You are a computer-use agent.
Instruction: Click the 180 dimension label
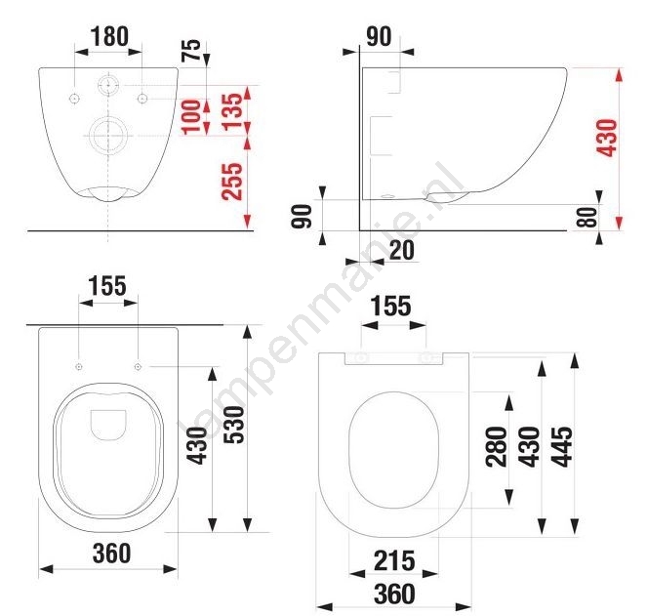109,36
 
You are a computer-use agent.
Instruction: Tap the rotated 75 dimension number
191,51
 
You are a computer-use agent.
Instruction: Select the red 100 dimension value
191,117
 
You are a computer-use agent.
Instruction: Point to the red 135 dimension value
231,111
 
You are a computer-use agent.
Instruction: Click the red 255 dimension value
231,182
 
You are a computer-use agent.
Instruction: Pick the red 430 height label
607,138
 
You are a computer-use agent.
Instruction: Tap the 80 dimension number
587,217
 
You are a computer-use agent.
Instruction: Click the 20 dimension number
401,250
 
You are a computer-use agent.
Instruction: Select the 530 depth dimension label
234,425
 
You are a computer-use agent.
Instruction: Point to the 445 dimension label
561,447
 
